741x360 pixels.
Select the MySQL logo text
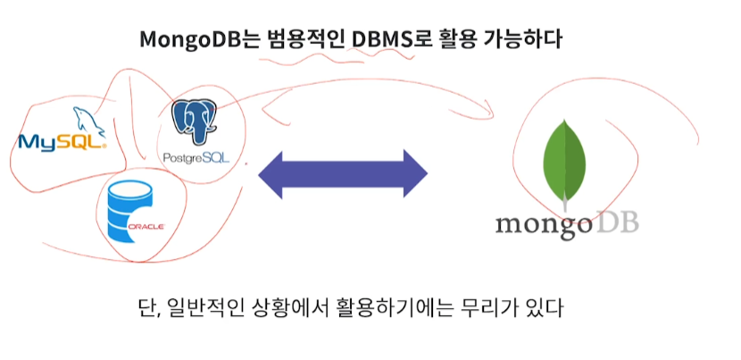(x=61, y=141)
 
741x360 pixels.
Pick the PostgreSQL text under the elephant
(x=197, y=158)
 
